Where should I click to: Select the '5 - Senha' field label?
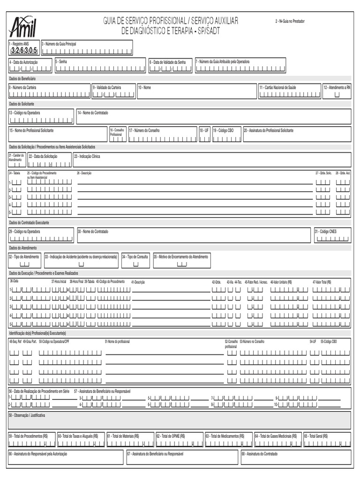(x=61, y=61)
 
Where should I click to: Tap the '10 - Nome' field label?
(x=144, y=87)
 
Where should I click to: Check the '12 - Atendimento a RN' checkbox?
(x=337, y=94)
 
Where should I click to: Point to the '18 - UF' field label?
(x=204, y=130)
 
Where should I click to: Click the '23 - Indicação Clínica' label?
(x=87, y=156)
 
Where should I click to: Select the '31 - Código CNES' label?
(x=326, y=232)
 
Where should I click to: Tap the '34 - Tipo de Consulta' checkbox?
(x=136, y=264)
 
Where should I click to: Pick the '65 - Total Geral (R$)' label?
(x=316, y=435)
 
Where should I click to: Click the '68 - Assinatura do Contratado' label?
(x=260, y=454)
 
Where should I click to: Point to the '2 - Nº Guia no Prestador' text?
(x=290, y=21)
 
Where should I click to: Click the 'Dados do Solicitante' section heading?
(x=21, y=103)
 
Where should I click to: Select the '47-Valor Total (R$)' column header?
(x=322, y=282)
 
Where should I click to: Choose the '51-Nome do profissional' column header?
(x=117, y=341)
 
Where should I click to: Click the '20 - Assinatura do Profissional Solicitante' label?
(x=268, y=130)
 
